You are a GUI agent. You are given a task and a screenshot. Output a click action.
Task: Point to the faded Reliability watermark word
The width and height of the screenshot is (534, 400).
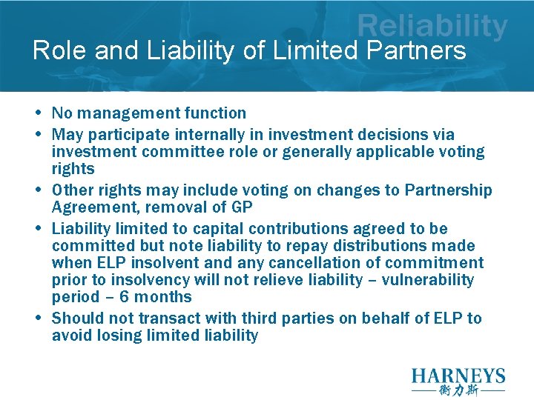point(432,27)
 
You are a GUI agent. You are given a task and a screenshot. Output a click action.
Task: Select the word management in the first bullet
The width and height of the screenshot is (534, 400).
point(120,113)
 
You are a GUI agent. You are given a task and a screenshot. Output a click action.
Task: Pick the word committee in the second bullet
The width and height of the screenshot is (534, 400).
point(167,152)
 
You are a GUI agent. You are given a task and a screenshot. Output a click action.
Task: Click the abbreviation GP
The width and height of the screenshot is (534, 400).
point(242,207)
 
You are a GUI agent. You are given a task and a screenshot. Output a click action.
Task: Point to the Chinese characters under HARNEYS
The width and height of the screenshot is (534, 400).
point(458,390)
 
